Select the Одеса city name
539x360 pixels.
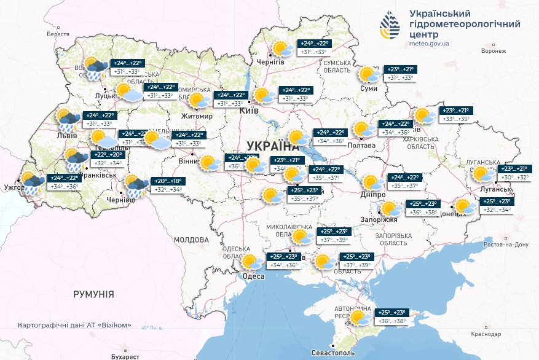point(253,276)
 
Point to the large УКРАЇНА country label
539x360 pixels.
point(271,146)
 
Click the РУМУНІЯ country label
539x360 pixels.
point(93,294)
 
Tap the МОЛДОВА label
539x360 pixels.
point(191,239)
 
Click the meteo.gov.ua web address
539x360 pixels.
point(429,44)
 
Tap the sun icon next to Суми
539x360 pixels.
point(369,75)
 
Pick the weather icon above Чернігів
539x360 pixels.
point(283,49)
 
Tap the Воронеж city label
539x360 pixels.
point(494,51)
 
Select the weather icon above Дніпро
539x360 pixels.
point(371,182)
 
